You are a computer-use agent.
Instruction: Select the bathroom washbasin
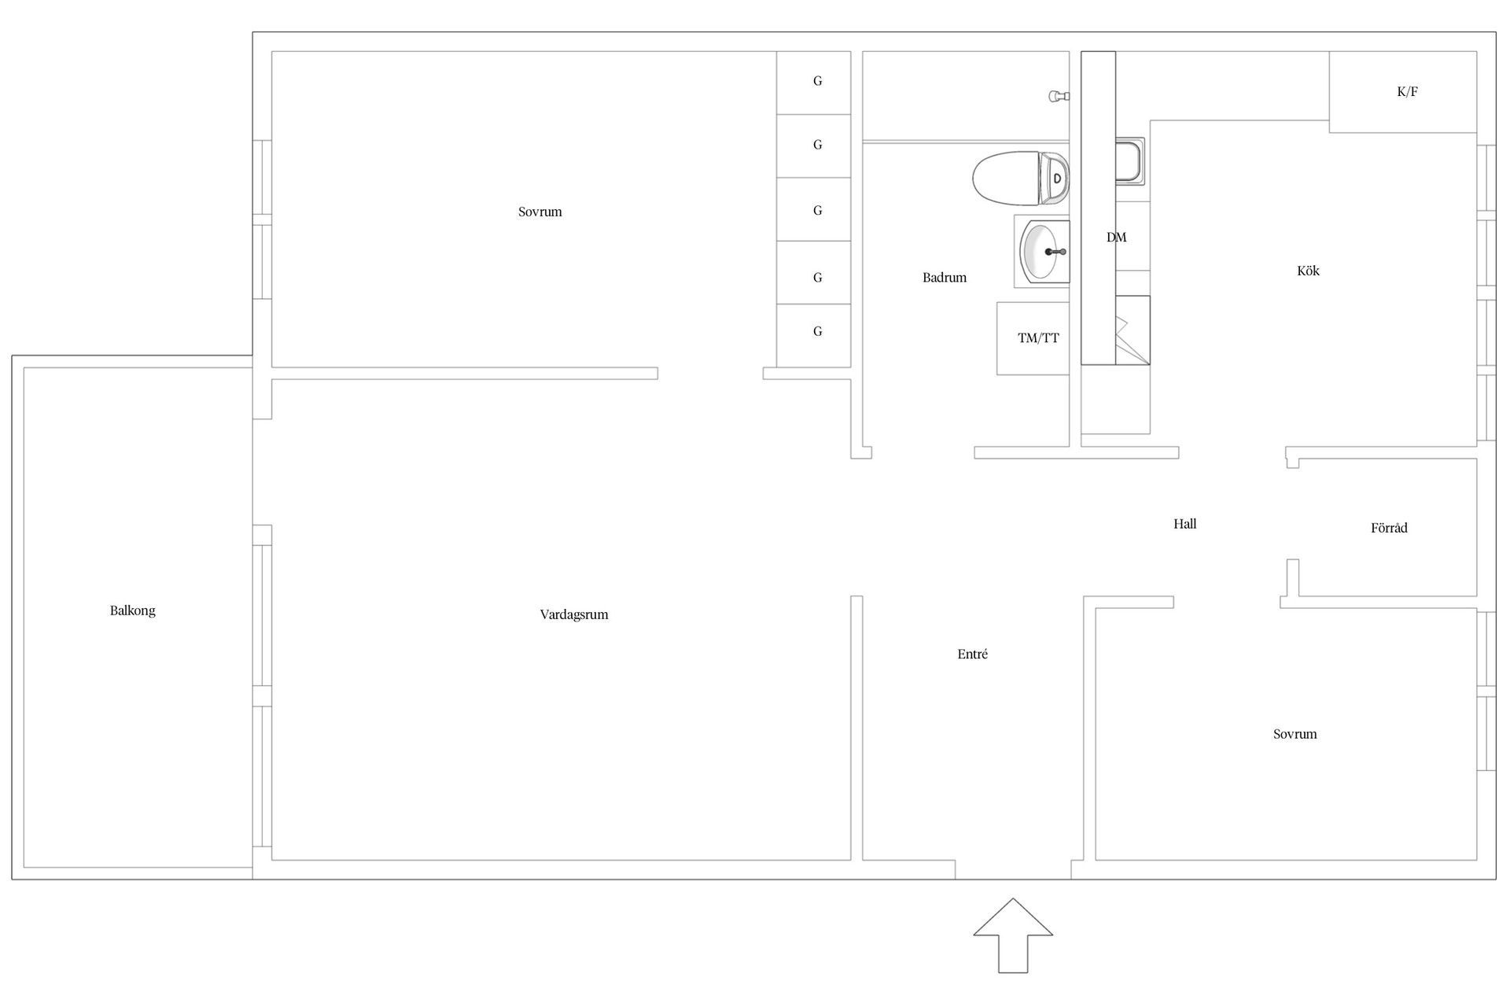1042,251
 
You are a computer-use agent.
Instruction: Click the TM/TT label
1038,338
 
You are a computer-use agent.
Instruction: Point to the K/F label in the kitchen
1407,91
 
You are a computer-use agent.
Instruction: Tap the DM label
1116,237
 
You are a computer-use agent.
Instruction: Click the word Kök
1308,271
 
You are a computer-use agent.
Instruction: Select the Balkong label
132,610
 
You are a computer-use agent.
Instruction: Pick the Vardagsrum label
574,614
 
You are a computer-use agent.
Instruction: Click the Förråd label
1389,528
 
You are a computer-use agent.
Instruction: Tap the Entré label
973,654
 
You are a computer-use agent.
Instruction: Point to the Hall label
1184,524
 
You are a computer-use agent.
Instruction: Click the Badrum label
945,278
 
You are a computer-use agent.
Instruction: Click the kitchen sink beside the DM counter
1130,161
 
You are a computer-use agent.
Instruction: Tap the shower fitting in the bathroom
1059,96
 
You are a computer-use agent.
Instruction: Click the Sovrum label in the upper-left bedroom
540,212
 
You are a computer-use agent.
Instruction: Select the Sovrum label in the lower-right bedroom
1295,734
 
